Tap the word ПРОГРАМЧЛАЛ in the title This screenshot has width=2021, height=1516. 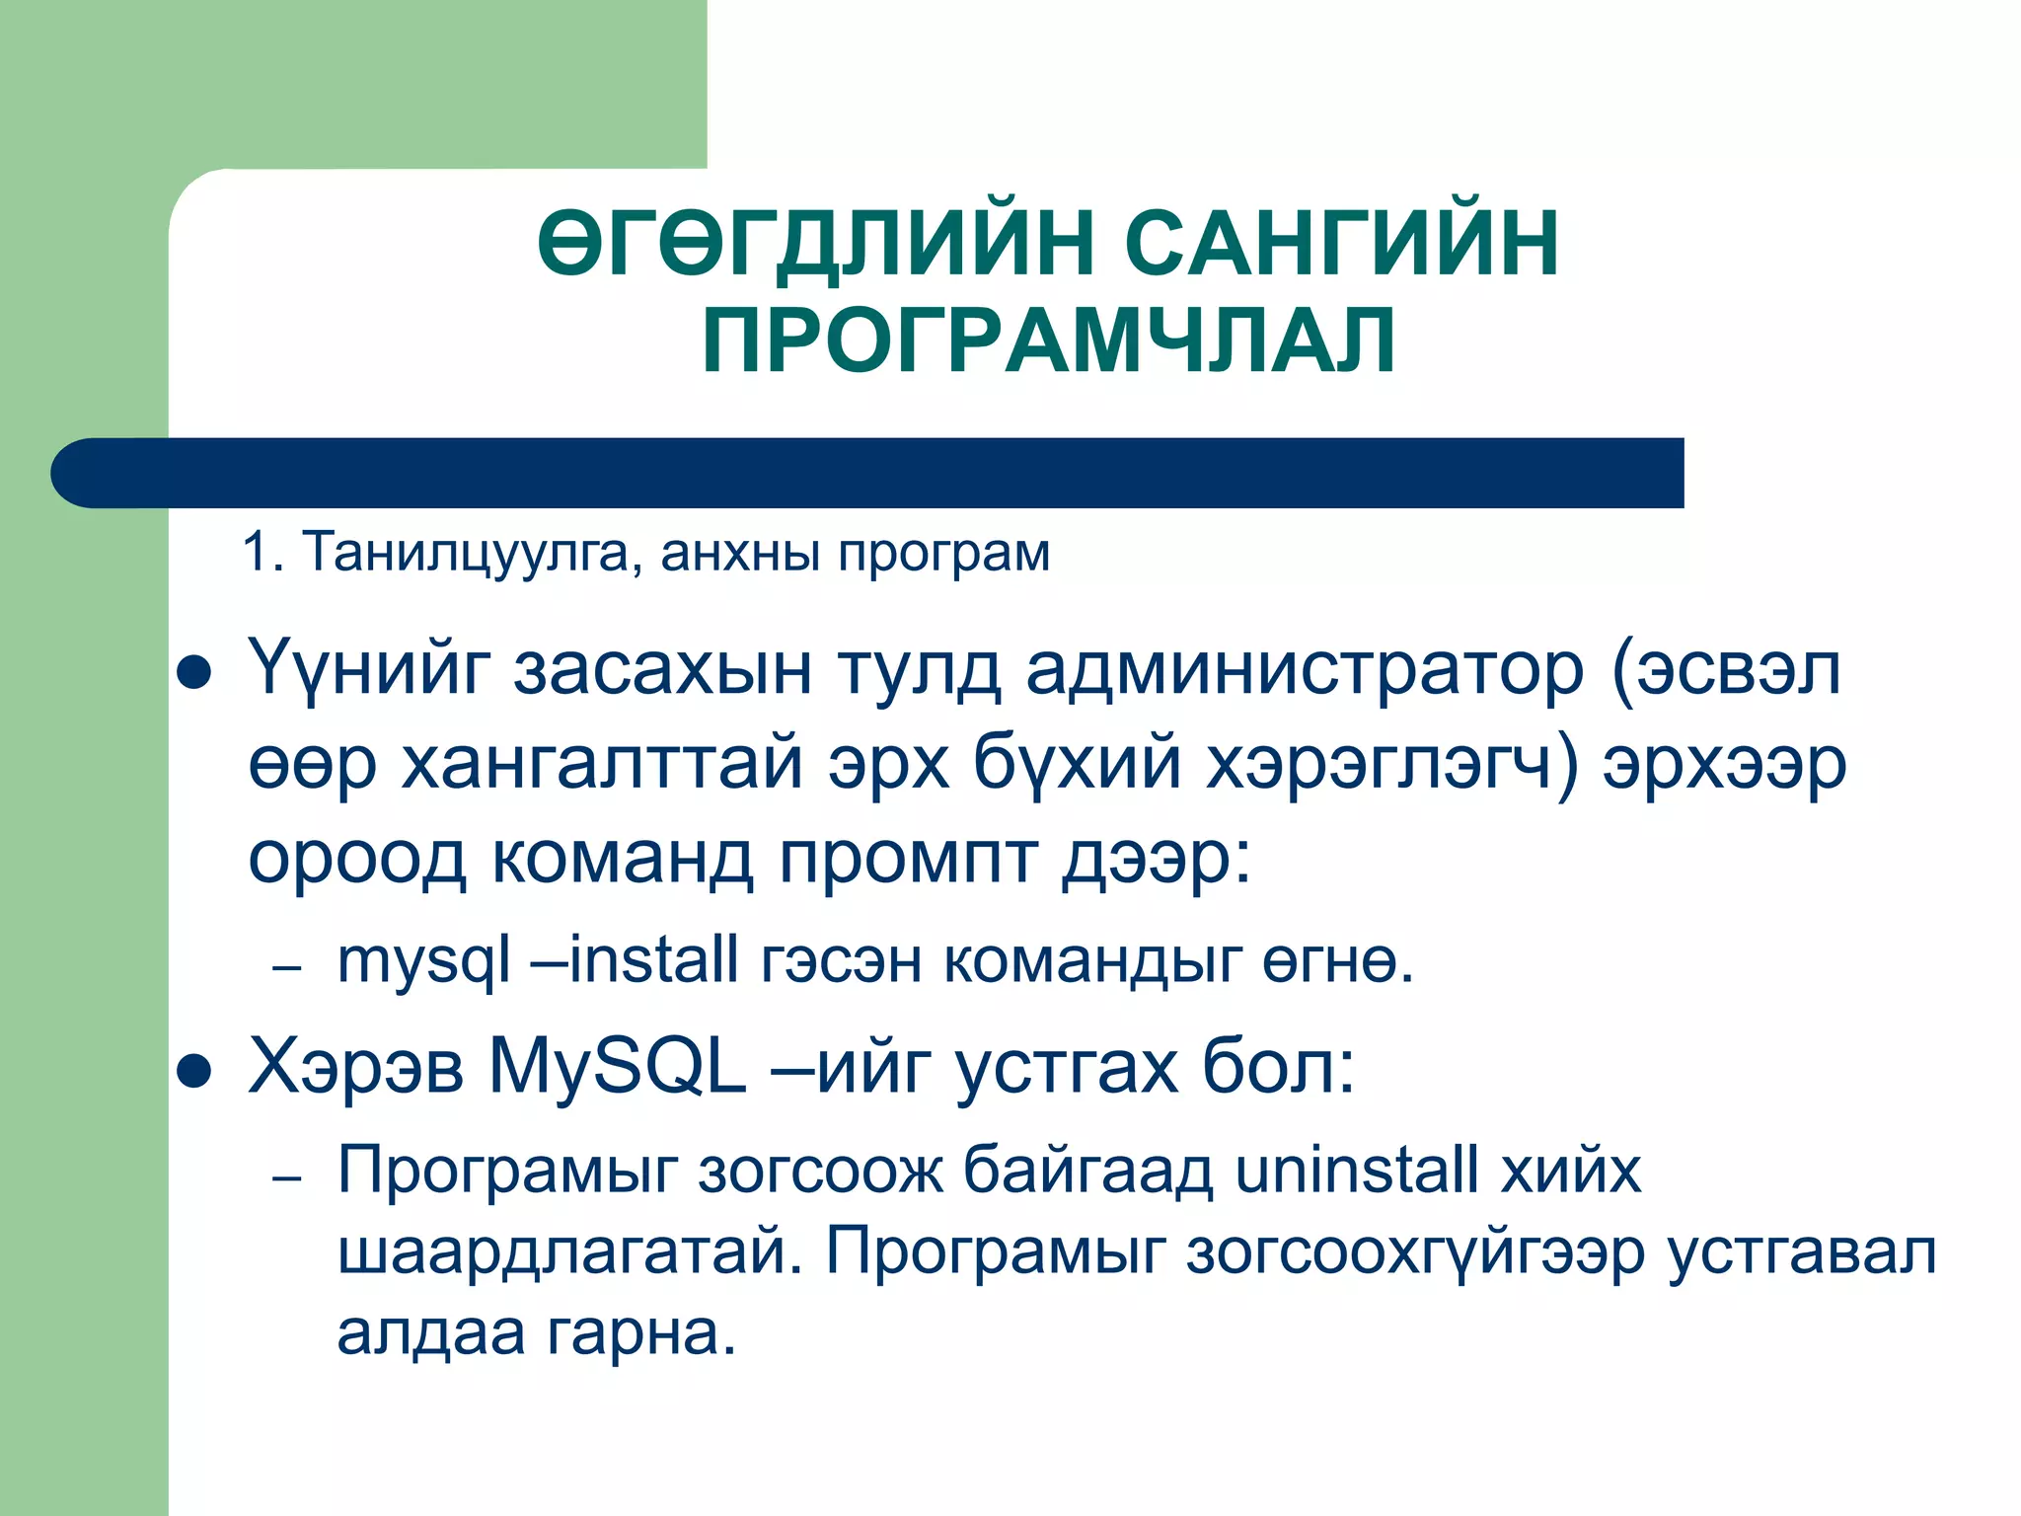click(x=1049, y=341)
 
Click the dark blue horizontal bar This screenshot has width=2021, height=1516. click(x=868, y=473)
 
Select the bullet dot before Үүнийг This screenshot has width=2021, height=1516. click(x=194, y=674)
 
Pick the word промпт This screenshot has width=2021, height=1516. click(x=908, y=857)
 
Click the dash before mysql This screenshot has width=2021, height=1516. click(x=286, y=968)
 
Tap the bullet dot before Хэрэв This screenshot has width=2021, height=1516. click(x=194, y=1072)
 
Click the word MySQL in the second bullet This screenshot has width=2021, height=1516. click(x=618, y=1068)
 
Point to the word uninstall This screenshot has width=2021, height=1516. click(x=1356, y=1171)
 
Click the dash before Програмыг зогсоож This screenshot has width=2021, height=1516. click(x=286, y=1178)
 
